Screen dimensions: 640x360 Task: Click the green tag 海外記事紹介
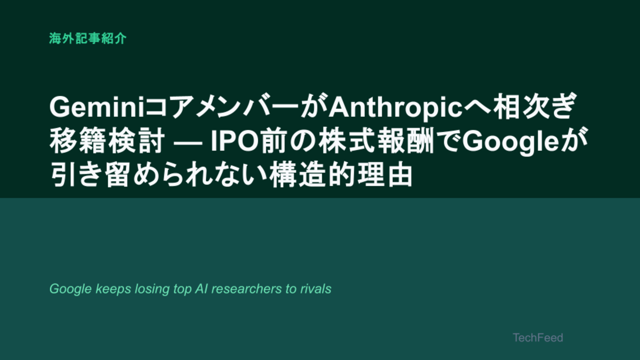coord(87,38)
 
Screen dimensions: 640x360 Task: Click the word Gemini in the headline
coord(97,107)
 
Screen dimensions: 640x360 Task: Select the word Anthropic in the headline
coord(395,108)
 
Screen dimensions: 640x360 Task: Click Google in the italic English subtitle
coord(70,289)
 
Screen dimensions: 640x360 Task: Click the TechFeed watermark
coord(537,337)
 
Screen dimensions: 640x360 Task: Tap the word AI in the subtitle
coord(201,288)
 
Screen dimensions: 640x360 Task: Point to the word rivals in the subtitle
coord(315,288)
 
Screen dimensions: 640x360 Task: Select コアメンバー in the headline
coord(222,107)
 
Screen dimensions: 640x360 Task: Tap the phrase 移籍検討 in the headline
coord(107,141)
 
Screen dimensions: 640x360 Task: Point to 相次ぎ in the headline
coord(534,106)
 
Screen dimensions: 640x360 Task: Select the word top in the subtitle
coord(182,289)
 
